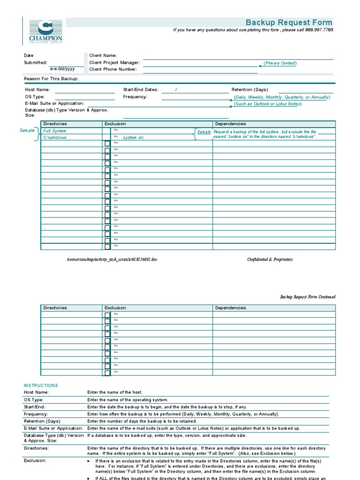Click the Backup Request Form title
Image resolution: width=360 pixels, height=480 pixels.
pyautogui.click(x=289, y=22)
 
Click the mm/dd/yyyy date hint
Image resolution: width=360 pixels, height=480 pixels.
pyautogui.click(x=62, y=69)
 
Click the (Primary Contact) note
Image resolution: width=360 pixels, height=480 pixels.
pyautogui.click(x=280, y=63)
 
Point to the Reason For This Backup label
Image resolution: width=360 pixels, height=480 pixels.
pyautogui.click(x=51, y=79)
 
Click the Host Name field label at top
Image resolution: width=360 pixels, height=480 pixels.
pyautogui.click(x=37, y=90)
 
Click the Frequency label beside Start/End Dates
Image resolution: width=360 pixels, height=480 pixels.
pyautogui.click(x=135, y=97)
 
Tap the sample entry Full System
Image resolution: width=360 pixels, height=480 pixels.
pyautogui.click(x=55, y=131)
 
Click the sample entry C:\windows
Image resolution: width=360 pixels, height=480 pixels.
pyautogui.click(x=55, y=137)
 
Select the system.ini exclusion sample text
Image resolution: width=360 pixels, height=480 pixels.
pyautogui.click(x=133, y=138)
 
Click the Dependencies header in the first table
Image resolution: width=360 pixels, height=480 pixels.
pyautogui.click(x=230, y=124)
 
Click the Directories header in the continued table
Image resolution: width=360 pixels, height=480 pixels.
pyautogui.click(x=55, y=308)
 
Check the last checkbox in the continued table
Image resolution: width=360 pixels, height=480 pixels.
pyautogui.click(x=107, y=373)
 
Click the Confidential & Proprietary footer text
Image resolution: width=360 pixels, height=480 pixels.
pyautogui.click(x=270, y=259)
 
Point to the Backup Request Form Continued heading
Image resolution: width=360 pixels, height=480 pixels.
pyautogui.click(x=307, y=297)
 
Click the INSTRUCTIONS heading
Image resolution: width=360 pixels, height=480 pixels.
pyautogui.click(x=41, y=385)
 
